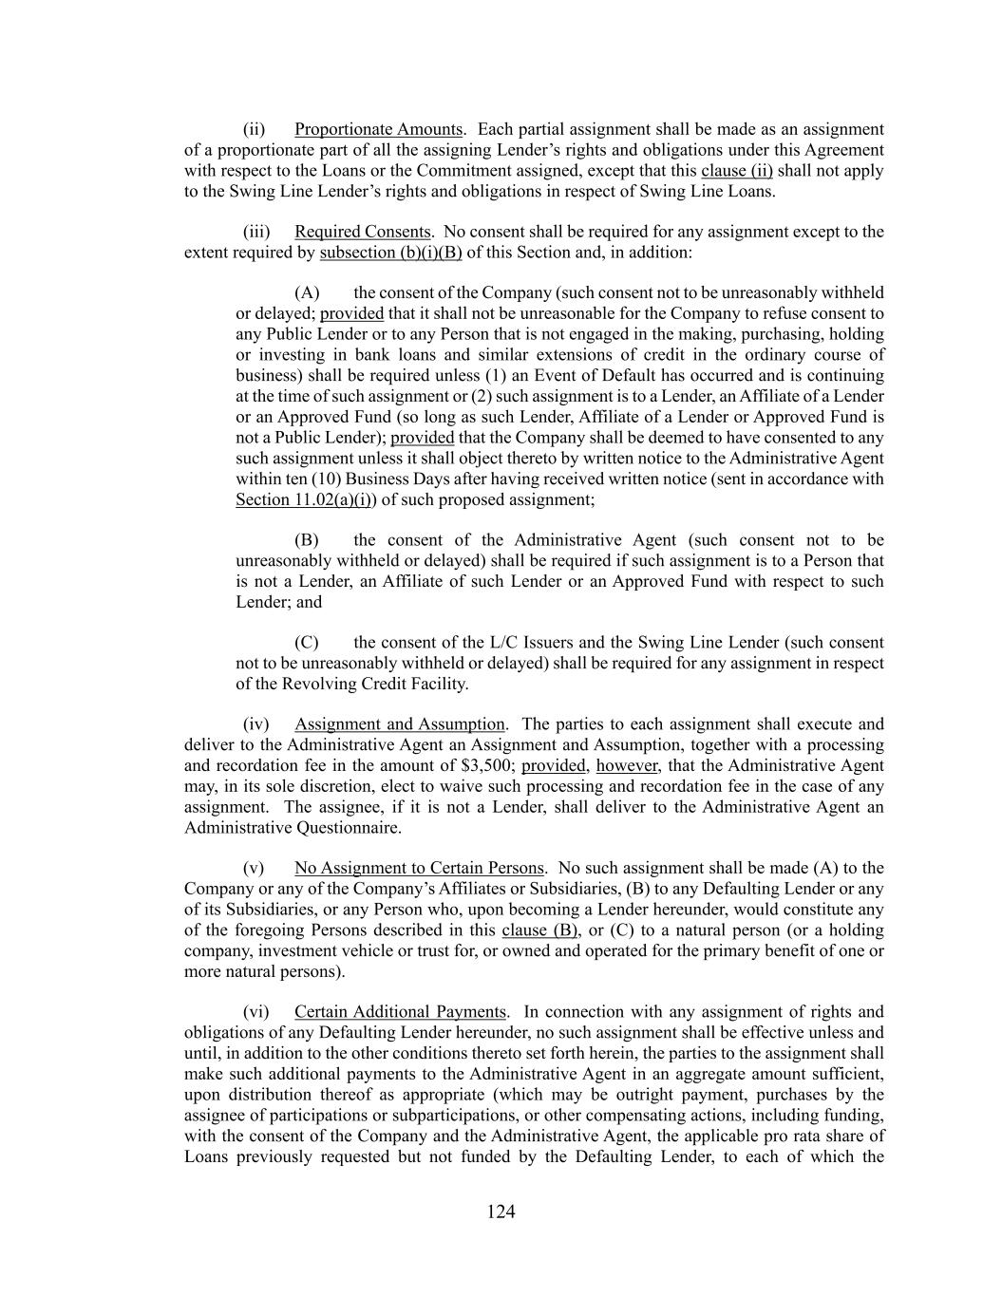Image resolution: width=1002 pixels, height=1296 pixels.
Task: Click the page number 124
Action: tap(501, 1211)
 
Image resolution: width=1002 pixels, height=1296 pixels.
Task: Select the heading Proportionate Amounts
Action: tap(378, 129)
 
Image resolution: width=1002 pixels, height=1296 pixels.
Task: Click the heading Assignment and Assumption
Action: tap(399, 724)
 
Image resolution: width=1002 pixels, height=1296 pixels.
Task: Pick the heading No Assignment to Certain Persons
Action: tap(419, 868)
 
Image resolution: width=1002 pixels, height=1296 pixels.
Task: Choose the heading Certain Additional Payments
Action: tap(401, 1012)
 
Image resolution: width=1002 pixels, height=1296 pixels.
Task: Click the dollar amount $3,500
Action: tap(493, 765)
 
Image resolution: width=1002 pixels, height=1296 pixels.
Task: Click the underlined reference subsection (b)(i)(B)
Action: tap(390, 253)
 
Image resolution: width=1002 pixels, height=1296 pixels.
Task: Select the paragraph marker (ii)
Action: tap(254, 129)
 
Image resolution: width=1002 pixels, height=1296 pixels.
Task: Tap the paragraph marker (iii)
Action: tap(256, 232)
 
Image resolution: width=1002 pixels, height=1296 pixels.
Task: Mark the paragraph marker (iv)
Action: tap(256, 724)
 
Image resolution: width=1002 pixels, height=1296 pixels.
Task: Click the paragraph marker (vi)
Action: tap(256, 1012)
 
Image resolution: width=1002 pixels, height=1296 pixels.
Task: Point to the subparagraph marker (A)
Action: tap(307, 292)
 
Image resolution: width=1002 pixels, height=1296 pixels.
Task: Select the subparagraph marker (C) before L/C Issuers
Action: tap(307, 643)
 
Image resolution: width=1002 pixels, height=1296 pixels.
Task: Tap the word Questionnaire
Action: tap(346, 828)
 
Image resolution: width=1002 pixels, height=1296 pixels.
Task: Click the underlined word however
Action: tap(626, 765)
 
